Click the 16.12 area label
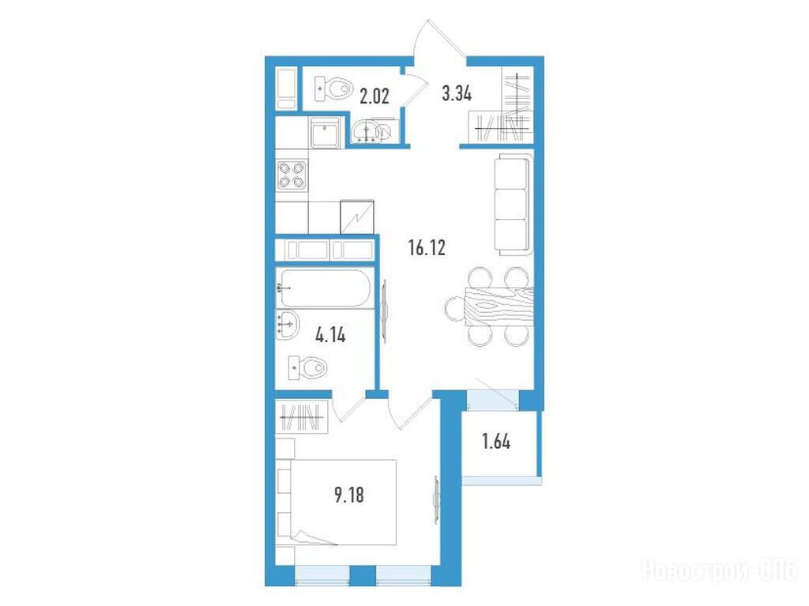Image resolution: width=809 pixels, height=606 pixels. click(427, 248)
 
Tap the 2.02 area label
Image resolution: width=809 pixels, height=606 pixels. click(374, 96)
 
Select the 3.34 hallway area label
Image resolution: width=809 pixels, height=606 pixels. click(457, 94)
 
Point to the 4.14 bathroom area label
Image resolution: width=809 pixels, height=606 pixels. click(330, 336)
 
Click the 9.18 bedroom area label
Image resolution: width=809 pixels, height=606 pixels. click(349, 495)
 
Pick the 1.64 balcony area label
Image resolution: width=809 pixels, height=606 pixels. click(496, 442)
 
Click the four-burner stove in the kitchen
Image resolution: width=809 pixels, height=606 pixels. click(292, 175)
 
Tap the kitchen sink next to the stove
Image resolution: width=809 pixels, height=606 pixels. click(325, 132)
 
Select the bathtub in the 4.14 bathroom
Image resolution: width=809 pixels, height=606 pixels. click(325, 288)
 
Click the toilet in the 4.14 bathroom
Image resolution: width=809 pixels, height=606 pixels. click(309, 368)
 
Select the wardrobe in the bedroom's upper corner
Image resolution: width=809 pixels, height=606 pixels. click(302, 416)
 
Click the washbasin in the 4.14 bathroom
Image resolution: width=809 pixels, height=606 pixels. click(288, 325)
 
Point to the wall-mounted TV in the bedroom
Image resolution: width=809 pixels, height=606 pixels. click(436, 499)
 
